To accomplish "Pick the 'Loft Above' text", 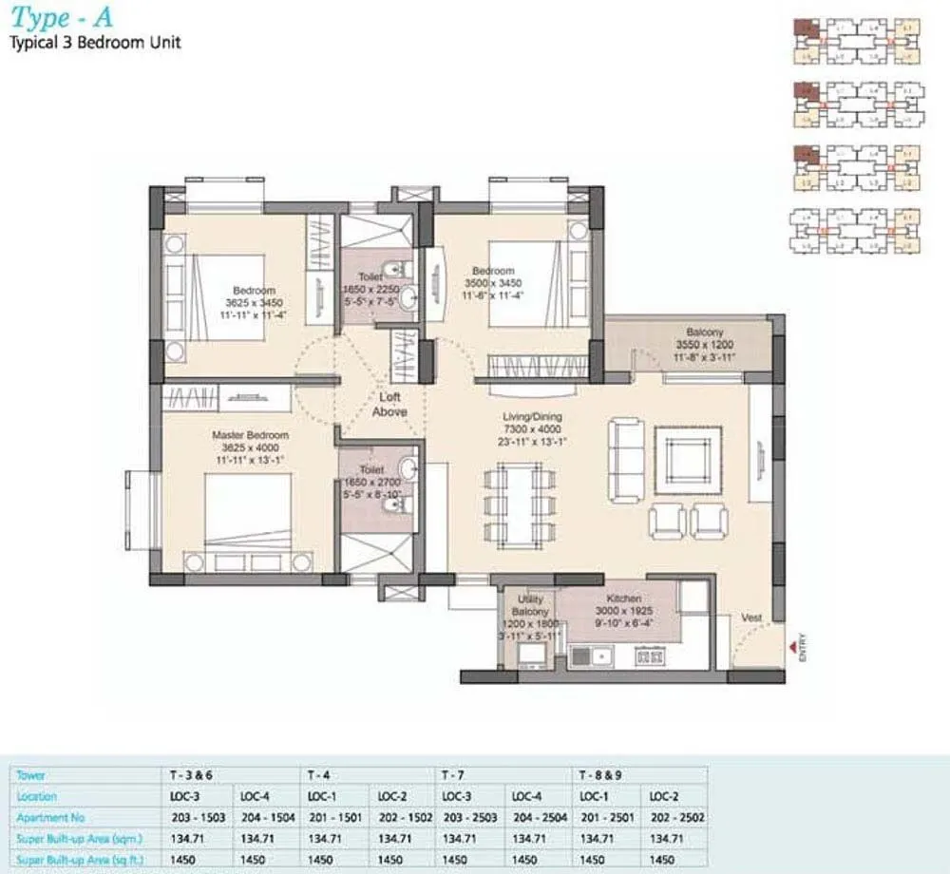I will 389,405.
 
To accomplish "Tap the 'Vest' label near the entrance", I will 751,618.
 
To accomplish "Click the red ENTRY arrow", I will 791,648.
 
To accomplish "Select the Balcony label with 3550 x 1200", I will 704,332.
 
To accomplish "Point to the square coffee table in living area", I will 687,460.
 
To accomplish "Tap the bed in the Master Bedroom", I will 248,513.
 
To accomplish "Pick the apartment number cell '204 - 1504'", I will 268,817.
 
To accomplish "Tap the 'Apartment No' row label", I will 49,817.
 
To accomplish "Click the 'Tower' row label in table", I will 31,775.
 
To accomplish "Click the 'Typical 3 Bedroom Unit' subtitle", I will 95,42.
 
